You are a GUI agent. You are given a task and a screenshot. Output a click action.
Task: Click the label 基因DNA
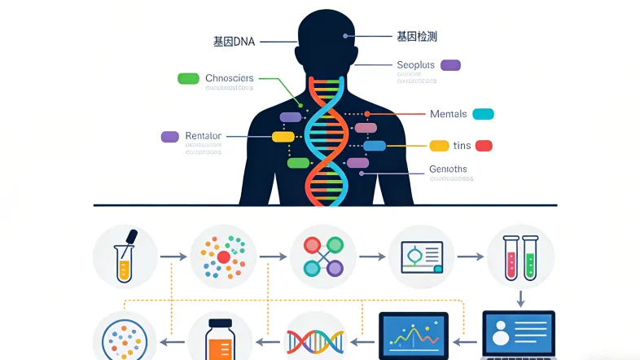pos(235,40)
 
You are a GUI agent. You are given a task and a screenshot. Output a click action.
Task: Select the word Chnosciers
pos(230,78)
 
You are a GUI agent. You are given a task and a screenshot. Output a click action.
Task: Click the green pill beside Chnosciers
pos(188,78)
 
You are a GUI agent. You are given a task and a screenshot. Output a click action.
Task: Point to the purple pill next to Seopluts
pos(450,64)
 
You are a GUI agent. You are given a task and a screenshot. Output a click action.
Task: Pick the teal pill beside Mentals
pos(483,114)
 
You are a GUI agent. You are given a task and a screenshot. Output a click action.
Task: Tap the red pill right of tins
pos(484,146)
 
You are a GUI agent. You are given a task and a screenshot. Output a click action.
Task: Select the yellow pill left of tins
pos(440,146)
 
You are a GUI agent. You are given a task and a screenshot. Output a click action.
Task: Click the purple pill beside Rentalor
pos(170,136)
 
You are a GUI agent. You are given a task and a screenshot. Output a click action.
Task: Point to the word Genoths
pos(448,169)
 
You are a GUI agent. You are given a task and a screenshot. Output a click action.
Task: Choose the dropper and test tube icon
pos(125,255)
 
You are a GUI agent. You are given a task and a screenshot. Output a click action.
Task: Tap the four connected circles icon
pos(323,255)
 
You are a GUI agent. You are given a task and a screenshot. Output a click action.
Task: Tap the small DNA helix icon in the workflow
pos(315,340)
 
